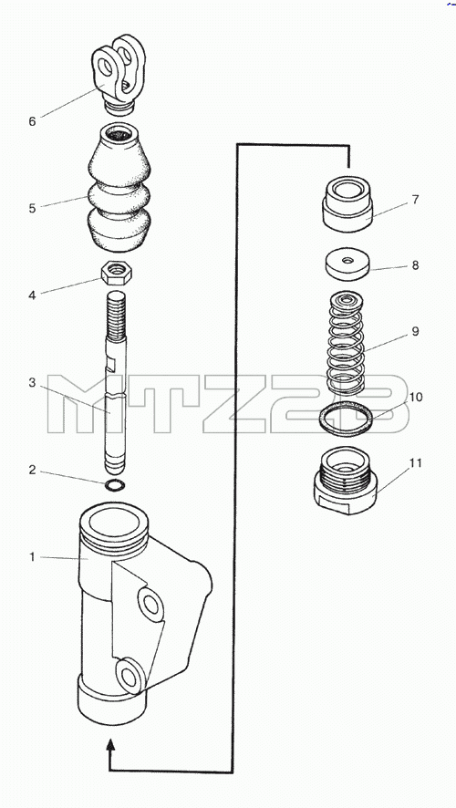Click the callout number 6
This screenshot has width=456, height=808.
tap(33, 121)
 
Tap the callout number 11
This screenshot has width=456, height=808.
tap(415, 462)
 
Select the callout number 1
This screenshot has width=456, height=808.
tap(32, 557)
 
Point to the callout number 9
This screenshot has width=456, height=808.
tap(415, 331)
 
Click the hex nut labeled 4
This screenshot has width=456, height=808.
tap(117, 273)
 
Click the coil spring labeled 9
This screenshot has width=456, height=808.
tap(347, 343)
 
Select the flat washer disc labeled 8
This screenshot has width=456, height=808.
tap(347, 264)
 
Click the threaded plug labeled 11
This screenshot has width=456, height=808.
tap(346, 481)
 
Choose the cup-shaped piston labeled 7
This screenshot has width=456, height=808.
tap(347, 203)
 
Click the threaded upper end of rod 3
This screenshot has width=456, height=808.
tap(116, 314)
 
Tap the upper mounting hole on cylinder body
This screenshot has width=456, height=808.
tap(150, 603)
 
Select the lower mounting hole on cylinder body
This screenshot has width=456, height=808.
tap(129, 676)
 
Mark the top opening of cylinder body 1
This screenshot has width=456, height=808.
tap(114, 523)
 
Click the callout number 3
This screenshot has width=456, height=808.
tap(32, 382)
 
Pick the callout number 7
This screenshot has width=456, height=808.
tap(415, 200)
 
